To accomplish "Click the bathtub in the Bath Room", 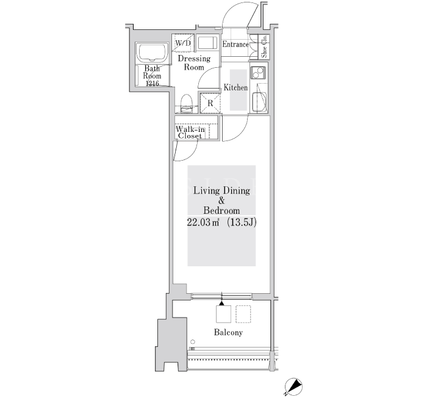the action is pyautogui.click(x=152, y=53).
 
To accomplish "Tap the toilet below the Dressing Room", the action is pyautogui.click(x=187, y=104).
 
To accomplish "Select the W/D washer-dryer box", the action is pyautogui.click(x=183, y=43).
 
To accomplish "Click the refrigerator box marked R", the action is pyautogui.click(x=210, y=103).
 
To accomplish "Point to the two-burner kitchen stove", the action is pyautogui.click(x=258, y=73).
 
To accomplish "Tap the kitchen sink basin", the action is pyautogui.click(x=259, y=102).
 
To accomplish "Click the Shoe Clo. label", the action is pyautogui.click(x=264, y=46).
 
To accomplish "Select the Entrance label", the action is pyautogui.click(x=235, y=44).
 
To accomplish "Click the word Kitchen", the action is pyautogui.click(x=235, y=87).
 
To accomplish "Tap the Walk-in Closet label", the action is pyautogui.click(x=190, y=133).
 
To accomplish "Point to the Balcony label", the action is pyautogui.click(x=228, y=332).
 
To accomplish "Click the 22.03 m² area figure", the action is pyautogui.click(x=203, y=222).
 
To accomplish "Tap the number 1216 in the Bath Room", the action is pyautogui.click(x=152, y=84).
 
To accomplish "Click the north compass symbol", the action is pyautogui.click(x=293, y=387).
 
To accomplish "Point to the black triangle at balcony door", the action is pyautogui.click(x=221, y=303).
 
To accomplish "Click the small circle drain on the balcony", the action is pyautogui.click(x=193, y=341).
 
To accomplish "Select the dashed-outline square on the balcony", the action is pyautogui.click(x=243, y=314).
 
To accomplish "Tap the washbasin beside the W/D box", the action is pyautogui.click(x=207, y=43).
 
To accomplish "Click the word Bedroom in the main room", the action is pyautogui.click(x=221, y=211).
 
